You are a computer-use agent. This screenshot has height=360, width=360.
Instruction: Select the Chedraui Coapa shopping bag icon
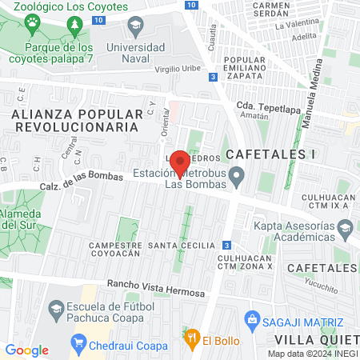click(78, 346)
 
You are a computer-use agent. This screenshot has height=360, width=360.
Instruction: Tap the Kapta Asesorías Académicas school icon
click(344, 230)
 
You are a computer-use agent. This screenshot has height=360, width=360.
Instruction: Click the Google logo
click(27, 350)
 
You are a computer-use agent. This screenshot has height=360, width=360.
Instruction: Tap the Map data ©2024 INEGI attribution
click(312, 354)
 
